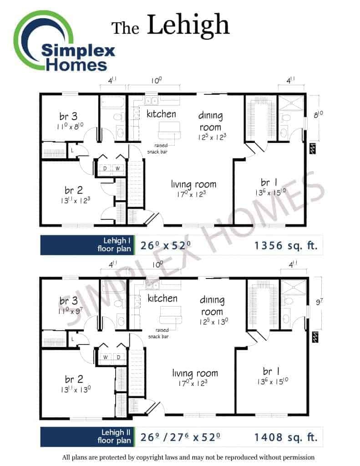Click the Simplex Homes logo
pos(64,41)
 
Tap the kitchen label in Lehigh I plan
pos(161,114)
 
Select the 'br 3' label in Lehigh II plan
pos(68,301)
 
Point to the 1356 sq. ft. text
pos(286,245)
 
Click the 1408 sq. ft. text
pos(286,437)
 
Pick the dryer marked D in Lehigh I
pos(105,168)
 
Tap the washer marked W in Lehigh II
pos(106,357)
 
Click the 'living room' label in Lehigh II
pos(195,373)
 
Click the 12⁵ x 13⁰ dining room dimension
pos(213,322)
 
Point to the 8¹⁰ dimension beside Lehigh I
pos(318,114)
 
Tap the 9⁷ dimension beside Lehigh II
pos(319,302)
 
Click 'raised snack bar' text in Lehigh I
pos(157,148)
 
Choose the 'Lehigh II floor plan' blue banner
pos(87,436)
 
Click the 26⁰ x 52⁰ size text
pos(165,245)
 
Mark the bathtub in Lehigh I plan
pos(113,102)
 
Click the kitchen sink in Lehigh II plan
pos(152,285)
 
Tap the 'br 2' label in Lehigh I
pos(73,190)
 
